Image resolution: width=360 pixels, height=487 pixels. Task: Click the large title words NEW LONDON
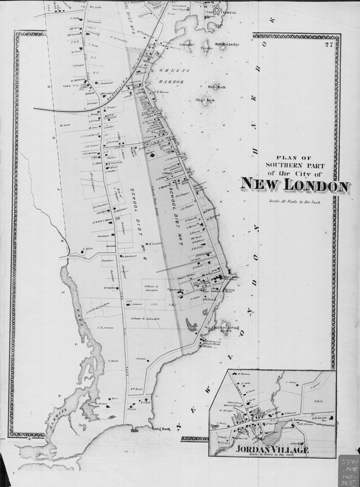point(294,185)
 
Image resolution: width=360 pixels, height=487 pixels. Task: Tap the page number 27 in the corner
point(328,45)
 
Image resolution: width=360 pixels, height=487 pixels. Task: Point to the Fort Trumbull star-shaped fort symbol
point(218,9)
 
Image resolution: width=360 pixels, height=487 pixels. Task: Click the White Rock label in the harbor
point(216,87)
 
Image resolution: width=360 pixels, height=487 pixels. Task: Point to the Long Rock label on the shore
point(160,429)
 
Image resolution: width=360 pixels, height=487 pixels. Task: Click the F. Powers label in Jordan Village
point(291,412)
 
